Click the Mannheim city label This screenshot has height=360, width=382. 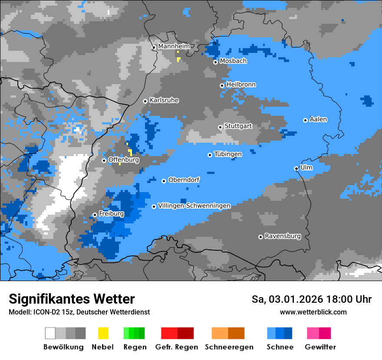(x=174, y=46)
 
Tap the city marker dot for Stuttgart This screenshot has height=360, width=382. (x=221, y=127)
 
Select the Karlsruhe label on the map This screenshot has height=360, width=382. (x=164, y=100)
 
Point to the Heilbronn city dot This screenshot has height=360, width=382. (x=222, y=85)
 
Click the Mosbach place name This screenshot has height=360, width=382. (x=233, y=61)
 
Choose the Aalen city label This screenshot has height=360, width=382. (x=318, y=119)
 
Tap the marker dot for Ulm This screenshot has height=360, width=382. (x=296, y=168)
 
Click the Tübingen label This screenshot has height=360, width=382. (x=228, y=154)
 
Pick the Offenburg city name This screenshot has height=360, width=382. (x=124, y=160)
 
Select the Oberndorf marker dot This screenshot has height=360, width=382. (x=164, y=181)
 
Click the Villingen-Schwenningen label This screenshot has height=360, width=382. (x=194, y=206)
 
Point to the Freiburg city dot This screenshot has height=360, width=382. (x=95, y=215)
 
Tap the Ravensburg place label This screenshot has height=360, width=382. (x=283, y=236)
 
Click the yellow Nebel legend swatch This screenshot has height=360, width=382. (x=103, y=333)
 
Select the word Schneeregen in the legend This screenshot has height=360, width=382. (x=229, y=347)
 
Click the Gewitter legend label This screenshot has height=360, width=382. (x=320, y=347)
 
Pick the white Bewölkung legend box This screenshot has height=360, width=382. (x=50, y=333)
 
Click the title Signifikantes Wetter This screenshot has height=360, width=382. (x=72, y=299)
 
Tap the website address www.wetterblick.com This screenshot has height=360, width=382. (x=313, y=312)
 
